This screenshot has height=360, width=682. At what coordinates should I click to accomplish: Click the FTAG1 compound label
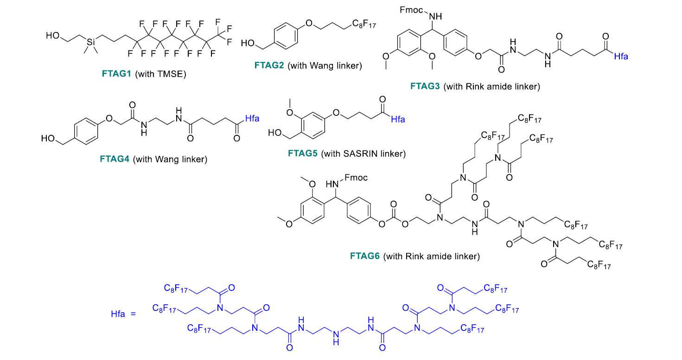point(117,73)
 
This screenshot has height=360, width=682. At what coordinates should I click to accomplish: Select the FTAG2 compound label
point(269,65)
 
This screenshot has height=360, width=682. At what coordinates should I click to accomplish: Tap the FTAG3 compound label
point(425,86)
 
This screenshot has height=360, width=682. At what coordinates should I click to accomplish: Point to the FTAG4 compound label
point(115,159)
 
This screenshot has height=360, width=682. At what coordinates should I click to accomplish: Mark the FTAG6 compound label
point(365,256)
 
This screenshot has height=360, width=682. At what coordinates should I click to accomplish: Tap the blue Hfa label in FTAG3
point(621,57)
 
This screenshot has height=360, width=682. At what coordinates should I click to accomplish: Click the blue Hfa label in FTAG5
point(398,120)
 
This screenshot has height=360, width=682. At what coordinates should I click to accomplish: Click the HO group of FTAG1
point(51,35)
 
